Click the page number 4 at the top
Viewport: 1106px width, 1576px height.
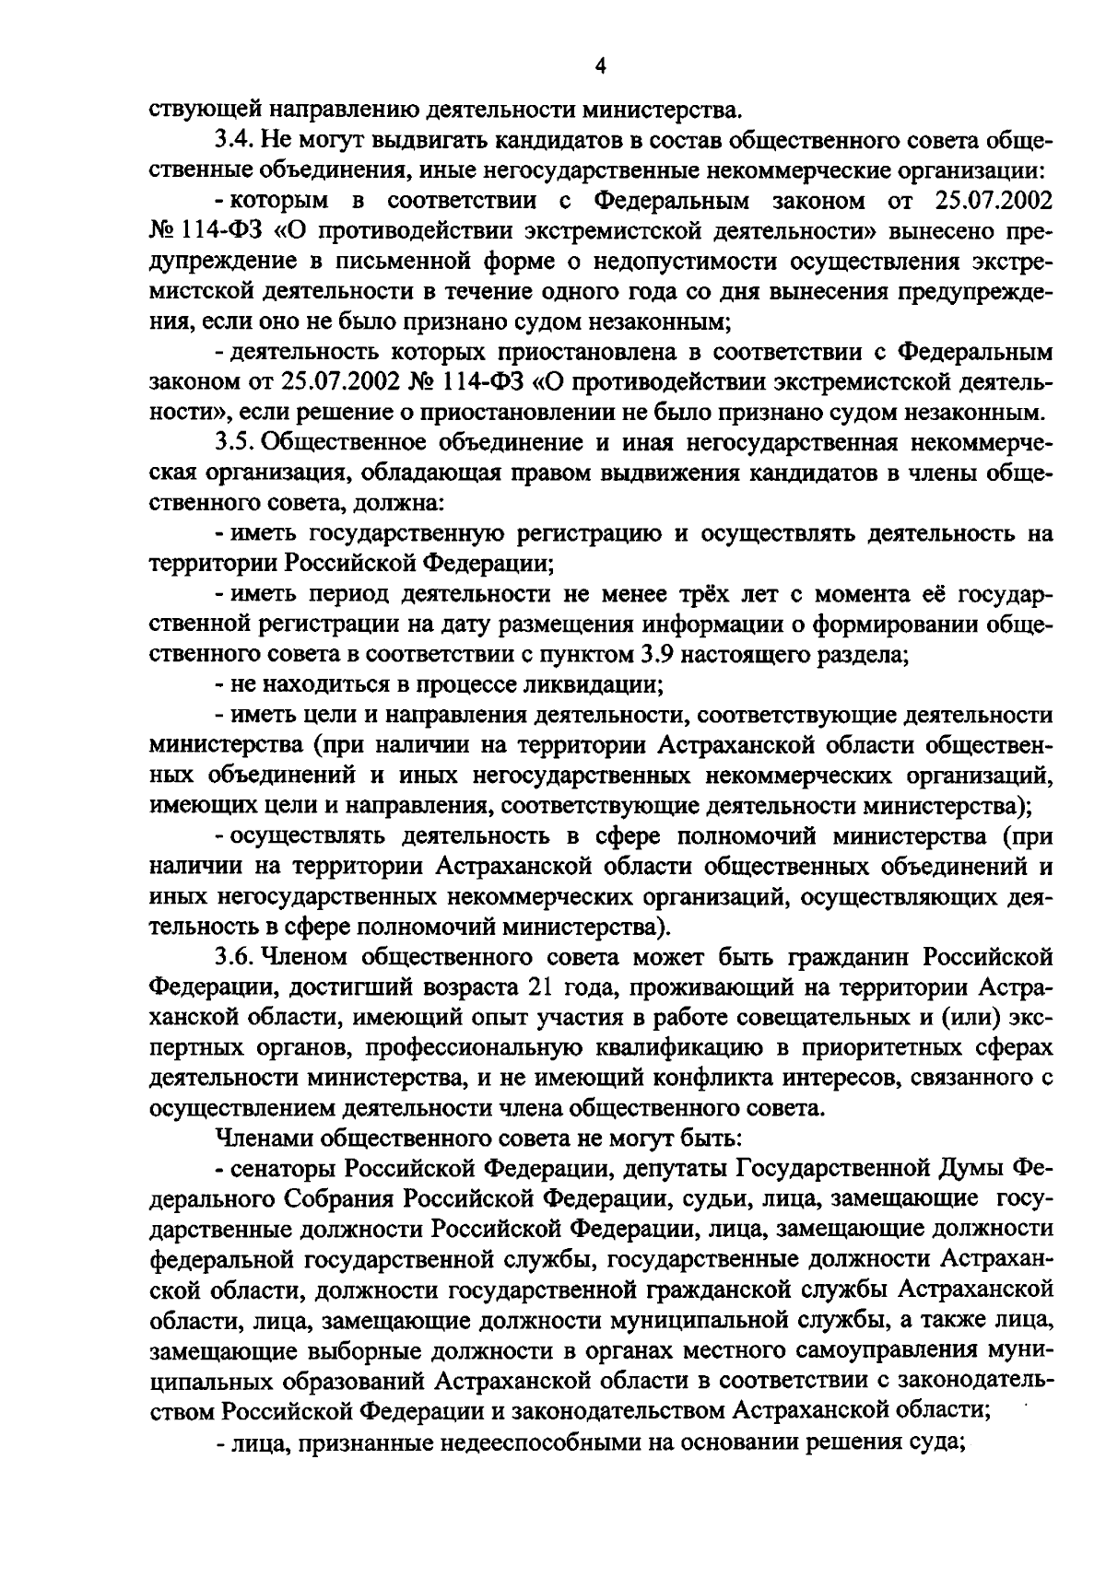[600, 65]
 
